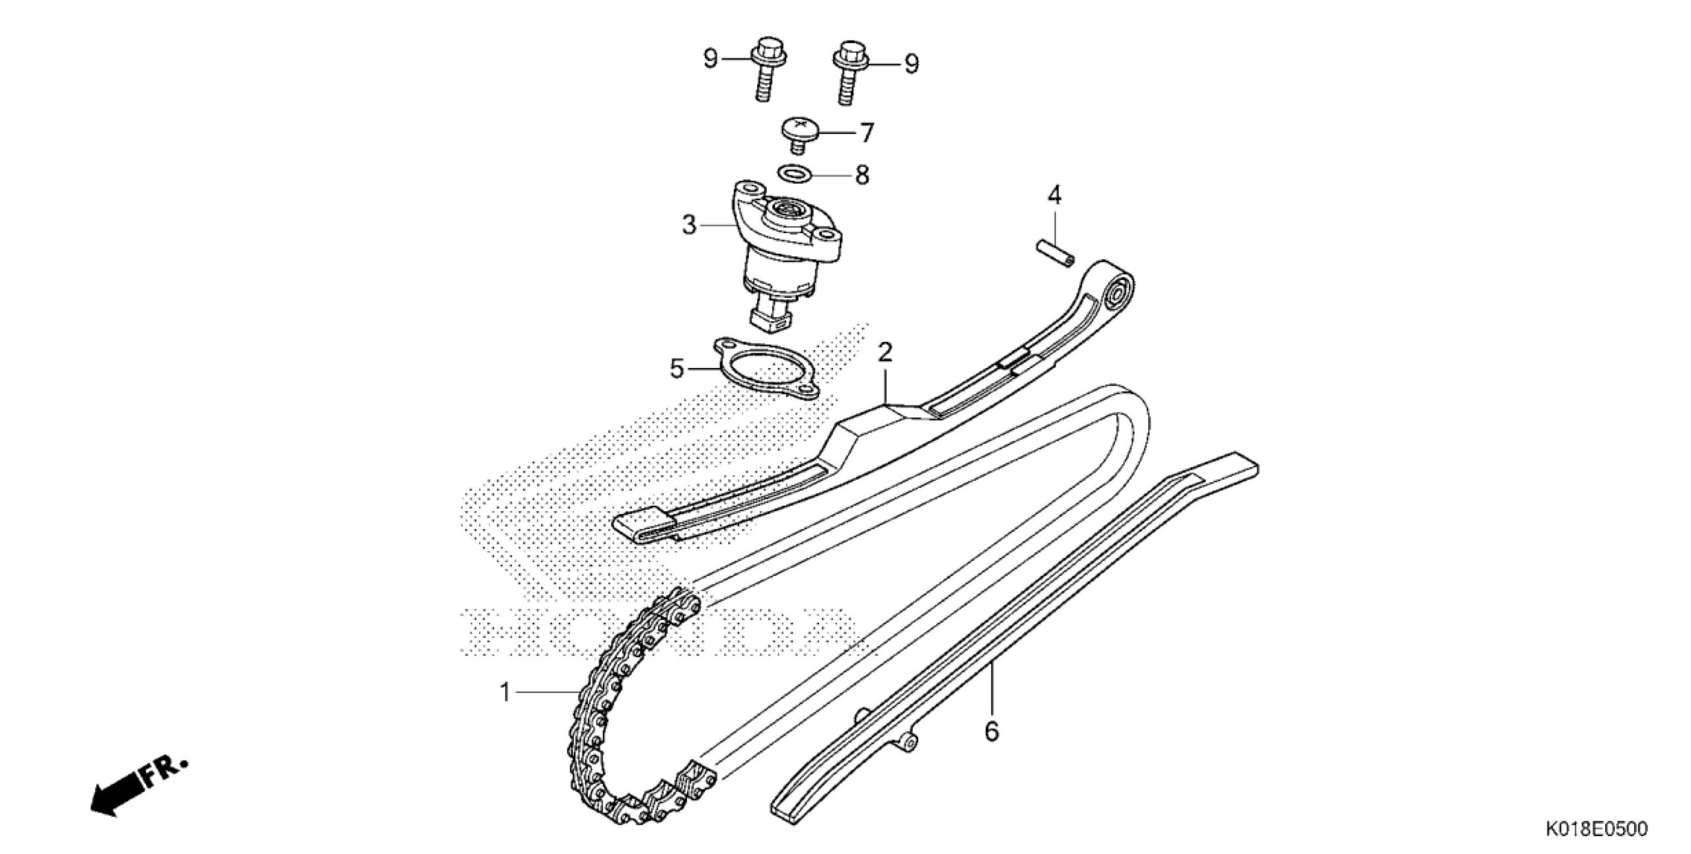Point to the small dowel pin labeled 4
coord(1054,255)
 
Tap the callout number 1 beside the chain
coord(505,694)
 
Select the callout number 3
coord(689,225)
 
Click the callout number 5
coord(676,369)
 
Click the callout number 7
coord(866,133)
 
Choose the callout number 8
coord(862,176)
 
